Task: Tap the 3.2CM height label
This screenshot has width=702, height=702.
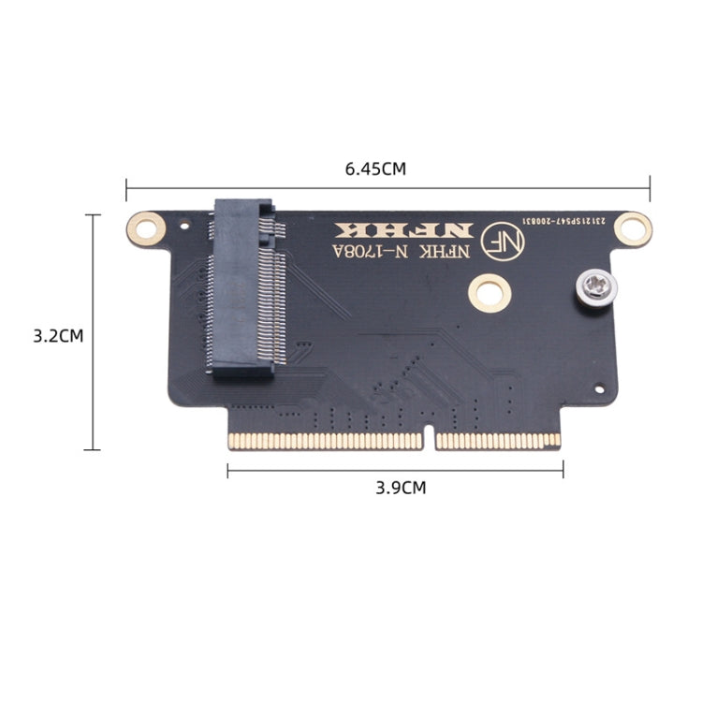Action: pos(58,335)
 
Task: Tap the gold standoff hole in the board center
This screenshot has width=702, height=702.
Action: pos(489,292)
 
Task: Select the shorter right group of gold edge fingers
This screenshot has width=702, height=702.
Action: pos(498,440)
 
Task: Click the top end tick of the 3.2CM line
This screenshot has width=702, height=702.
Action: pos(92,215)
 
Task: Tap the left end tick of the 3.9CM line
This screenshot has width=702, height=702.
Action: pos(227,469)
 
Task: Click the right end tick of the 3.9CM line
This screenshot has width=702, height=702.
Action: pos(563,469)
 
